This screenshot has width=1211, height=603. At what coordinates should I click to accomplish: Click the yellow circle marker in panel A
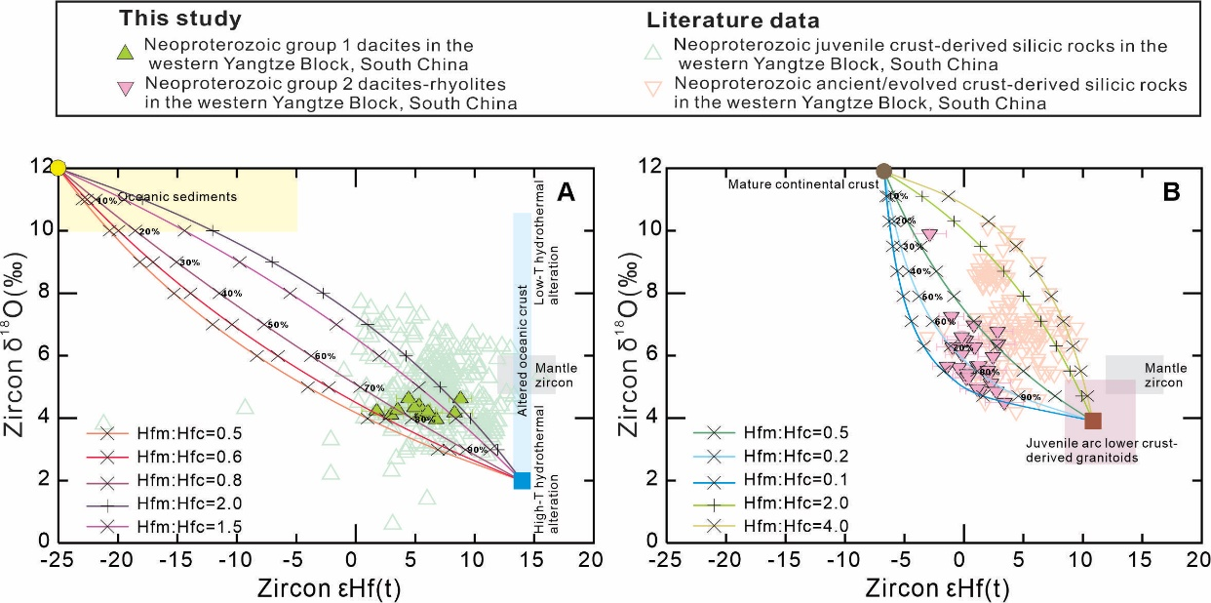[x=59, y=168]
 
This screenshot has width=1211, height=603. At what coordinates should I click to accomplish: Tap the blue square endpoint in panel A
[x=522, y=480]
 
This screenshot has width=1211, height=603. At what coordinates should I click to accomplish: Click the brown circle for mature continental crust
[x=883, y=171]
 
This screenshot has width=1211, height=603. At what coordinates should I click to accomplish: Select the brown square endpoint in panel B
[x=1092, y=421]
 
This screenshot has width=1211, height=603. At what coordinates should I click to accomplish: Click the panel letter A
[x=566, y=193]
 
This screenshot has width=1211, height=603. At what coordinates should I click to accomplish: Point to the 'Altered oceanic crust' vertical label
[x=523, y=351]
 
